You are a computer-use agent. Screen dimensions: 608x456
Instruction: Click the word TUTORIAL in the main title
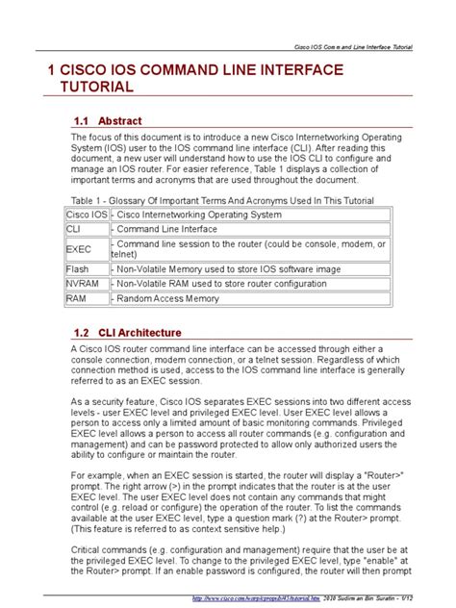point(91,88)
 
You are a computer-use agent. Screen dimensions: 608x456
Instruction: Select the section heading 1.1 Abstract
point(108,121)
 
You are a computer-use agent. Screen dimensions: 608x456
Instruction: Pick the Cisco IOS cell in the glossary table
point(86,214)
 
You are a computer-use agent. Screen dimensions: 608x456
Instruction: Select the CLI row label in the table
point(73,230)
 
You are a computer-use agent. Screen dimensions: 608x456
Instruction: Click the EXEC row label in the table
point(78,249)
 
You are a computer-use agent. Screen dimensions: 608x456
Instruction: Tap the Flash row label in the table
point(77,268)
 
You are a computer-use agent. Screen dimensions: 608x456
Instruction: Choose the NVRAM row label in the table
point(82,285)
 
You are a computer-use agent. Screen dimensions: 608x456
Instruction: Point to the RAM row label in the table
point(75,300)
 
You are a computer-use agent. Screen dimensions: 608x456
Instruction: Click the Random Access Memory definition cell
point(166,300)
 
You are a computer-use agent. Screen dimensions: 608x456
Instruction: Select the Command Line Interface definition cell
point(166,230)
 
